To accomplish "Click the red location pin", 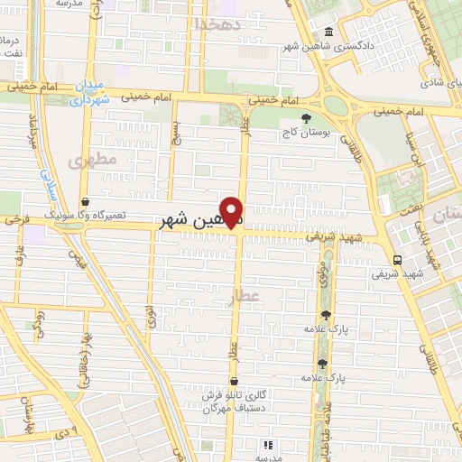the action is click(233, 212).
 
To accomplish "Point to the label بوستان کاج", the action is click(306, 133).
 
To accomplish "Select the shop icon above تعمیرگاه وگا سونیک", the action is click(85, 202).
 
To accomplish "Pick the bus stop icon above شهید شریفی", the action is click(398, 258).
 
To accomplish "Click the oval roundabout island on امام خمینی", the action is click(336, 105).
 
